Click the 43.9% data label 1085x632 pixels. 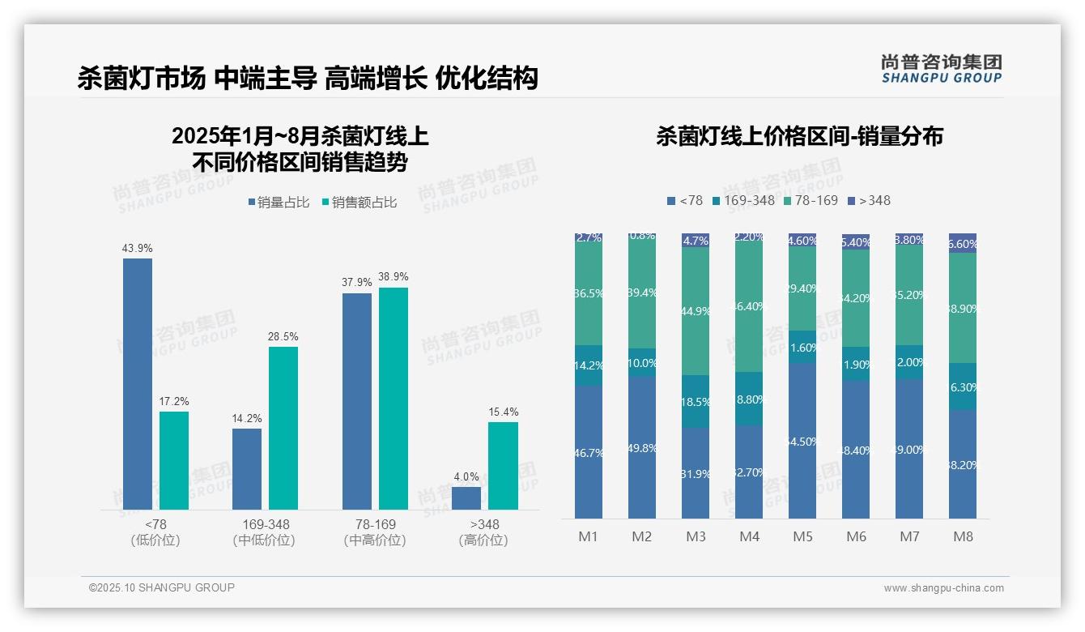point(138,248)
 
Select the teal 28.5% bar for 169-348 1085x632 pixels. point(283,428)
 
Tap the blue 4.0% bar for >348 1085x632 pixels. point(466,497)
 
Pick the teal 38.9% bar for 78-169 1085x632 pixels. point(394,398)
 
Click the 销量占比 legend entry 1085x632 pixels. point(279,203)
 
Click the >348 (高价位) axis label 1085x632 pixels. point(483,532)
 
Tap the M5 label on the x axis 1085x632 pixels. point(802,536)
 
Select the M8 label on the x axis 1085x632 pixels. point(963,536)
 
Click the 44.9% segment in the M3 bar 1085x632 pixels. point(696,311)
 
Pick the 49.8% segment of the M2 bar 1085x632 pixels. point(642,447)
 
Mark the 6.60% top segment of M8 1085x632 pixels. point(963,244)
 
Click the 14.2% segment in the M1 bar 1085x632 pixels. point(589,365)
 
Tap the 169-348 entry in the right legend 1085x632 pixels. point(742,200)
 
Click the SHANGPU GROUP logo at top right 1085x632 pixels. point(941,69)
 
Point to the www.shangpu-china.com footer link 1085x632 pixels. point(943,588)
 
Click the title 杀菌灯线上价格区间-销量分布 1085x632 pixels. point(799,136)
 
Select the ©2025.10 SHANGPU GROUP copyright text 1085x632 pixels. point(162,587)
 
